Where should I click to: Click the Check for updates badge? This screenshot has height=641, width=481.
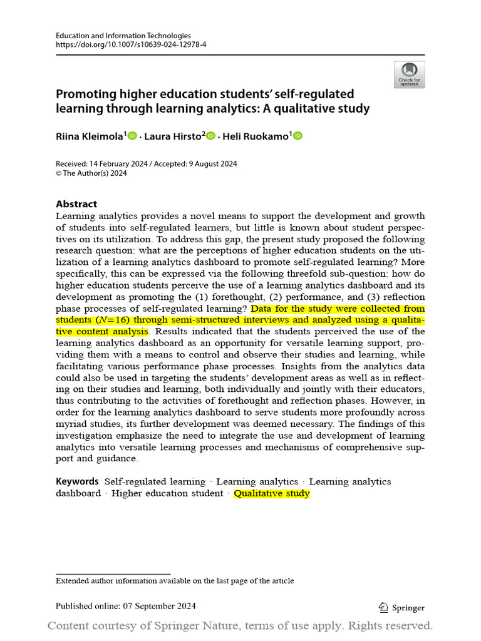pos(409,74)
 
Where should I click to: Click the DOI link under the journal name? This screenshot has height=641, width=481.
pos(131,46)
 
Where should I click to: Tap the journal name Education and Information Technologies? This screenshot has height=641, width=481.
pos(123,36)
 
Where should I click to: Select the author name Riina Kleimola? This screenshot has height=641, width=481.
pos(89,136)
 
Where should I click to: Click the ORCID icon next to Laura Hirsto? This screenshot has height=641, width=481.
pos(210,136)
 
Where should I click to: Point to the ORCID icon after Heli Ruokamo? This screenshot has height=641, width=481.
pos(297,136)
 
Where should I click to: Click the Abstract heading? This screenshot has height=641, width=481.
pos(76,204)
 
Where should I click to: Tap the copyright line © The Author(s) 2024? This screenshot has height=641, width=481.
pos(91,173)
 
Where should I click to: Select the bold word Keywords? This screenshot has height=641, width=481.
pos(77,481)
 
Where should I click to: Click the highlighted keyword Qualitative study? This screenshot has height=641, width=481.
pos(272,493)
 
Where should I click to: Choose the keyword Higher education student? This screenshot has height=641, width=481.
pos(167,493)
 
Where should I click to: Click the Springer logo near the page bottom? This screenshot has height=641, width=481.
pos(401,607)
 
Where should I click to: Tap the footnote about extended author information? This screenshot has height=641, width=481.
pos(175,581)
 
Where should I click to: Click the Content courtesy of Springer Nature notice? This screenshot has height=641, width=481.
pos(240,626)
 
